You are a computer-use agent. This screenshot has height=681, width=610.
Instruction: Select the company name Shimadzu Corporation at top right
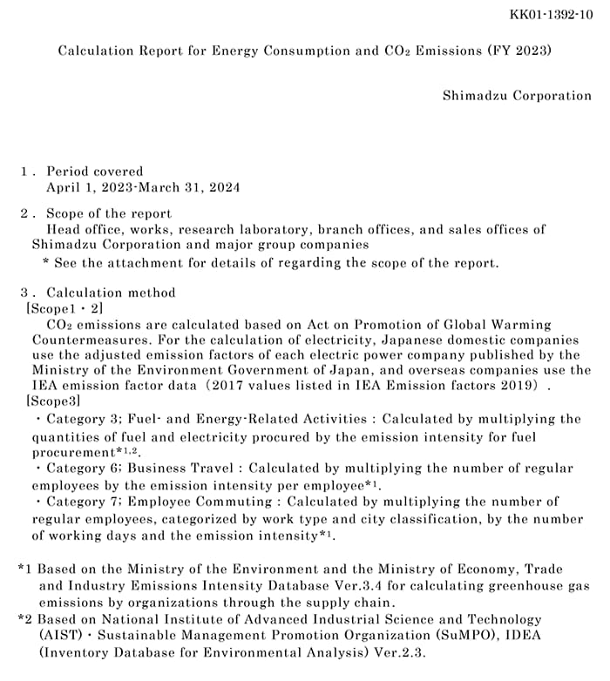tap(517, 96)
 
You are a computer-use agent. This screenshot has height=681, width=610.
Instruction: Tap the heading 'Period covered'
tap(95, 172)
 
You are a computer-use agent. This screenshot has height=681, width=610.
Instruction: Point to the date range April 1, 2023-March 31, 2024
tap(143, 186)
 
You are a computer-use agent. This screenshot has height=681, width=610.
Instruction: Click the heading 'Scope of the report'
tap(109, 213)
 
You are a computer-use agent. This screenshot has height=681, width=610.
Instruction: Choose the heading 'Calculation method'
tap(111, 293)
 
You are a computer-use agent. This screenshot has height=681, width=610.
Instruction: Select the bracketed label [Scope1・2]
tap(64, 308)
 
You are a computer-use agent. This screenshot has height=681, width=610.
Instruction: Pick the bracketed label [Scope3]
tap(54, 401)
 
